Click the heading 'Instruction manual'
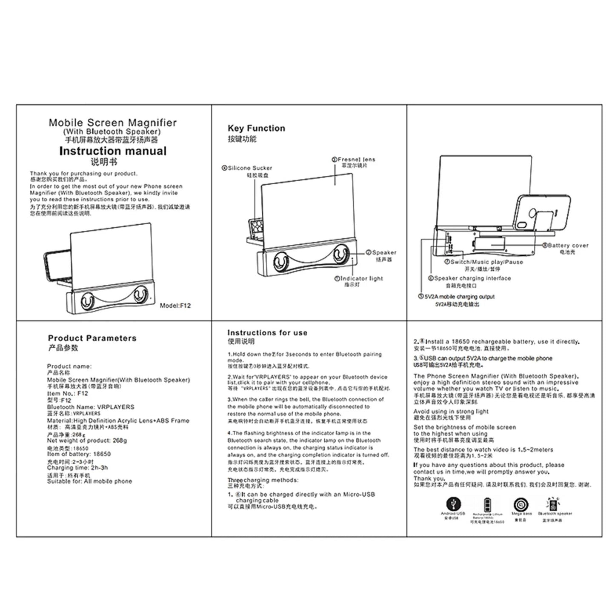point(113,151)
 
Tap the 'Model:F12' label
point(175,306)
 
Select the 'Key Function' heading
point(256,128)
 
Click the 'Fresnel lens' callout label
point(356,159)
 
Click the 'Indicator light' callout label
point(361,278)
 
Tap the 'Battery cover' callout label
point(568,245)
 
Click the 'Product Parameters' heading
point(92,338)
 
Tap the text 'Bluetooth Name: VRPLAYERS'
point(91,407)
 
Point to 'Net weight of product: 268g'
point(87,441)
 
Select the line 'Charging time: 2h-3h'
point(77,467)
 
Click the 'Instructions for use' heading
point(267,333)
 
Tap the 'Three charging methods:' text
point(263,480)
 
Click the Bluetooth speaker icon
point(554,504)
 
